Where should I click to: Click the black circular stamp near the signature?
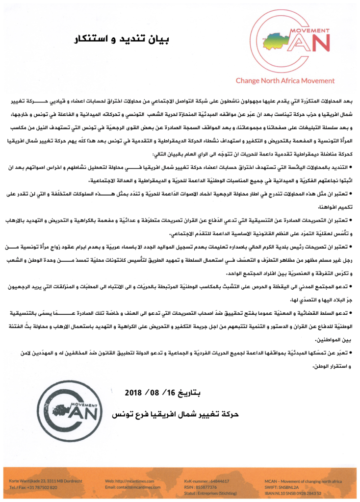coord(69,410)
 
